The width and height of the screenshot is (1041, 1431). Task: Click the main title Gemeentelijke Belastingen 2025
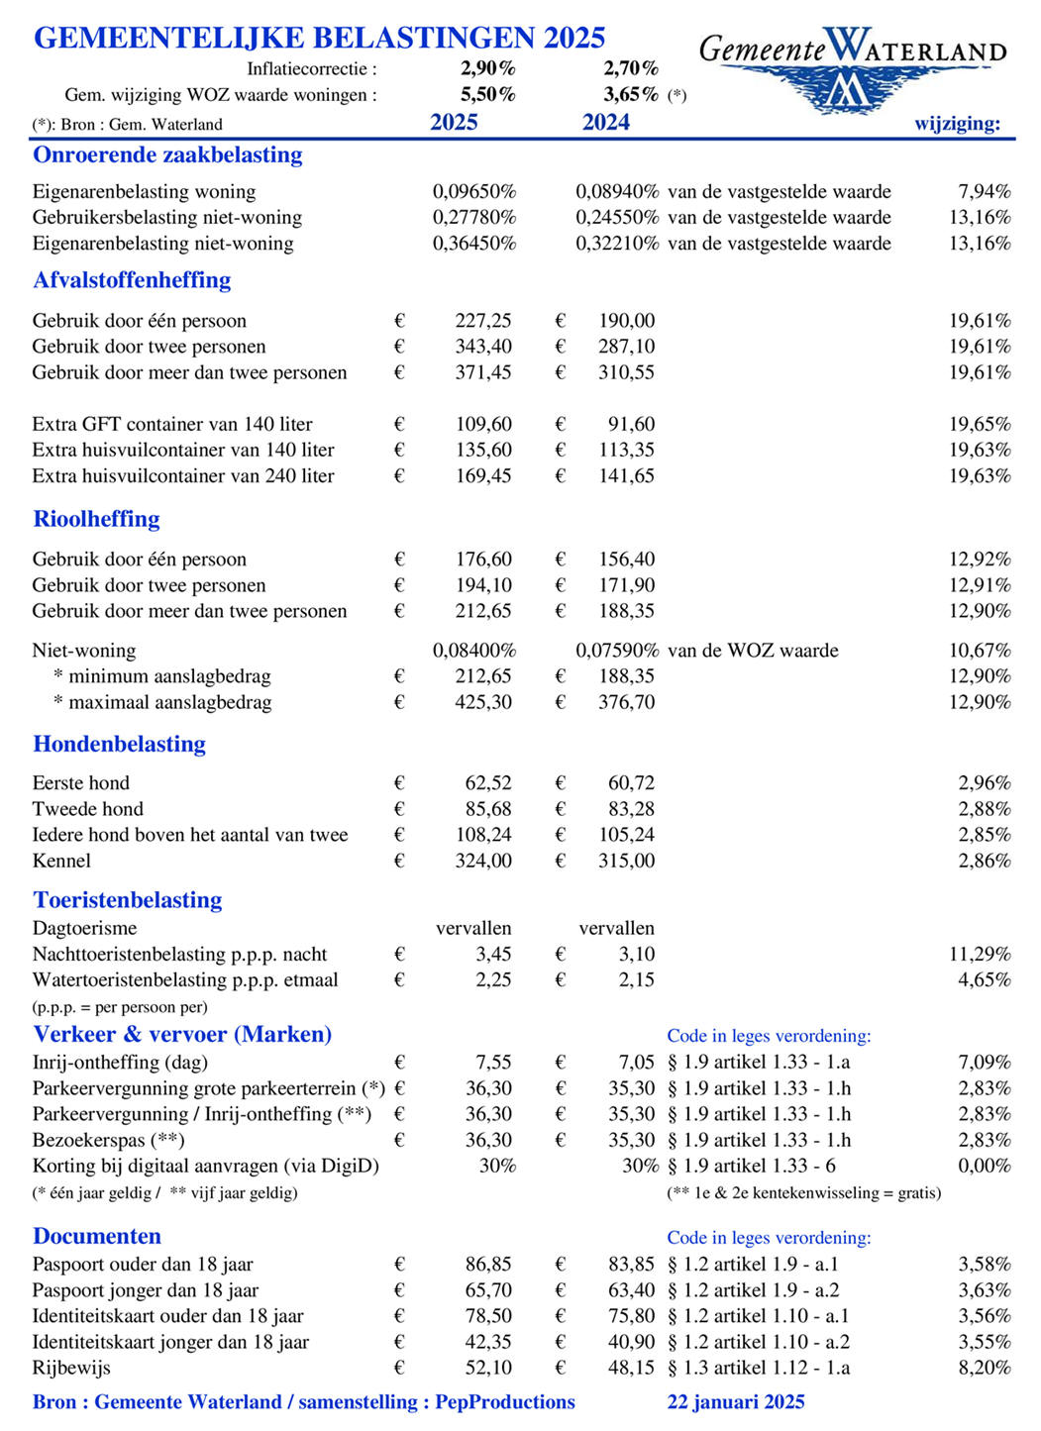(x=319, y=38)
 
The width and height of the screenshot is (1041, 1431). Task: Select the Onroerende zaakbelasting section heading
(x=167, y=154)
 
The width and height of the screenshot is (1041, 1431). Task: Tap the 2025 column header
(x=454, y=123)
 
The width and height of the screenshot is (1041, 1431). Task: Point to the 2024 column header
(x=606, y=123)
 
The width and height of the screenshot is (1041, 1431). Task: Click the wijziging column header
(x=957, y=124)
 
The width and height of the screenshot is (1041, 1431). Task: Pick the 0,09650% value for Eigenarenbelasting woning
(x=473, y=192)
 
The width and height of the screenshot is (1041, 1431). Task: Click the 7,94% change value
(x=984, y=192)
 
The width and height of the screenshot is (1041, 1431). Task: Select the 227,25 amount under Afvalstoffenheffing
(x=483, y=321)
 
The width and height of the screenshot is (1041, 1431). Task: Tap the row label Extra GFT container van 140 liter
(x=172, y=424)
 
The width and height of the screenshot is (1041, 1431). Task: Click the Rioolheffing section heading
(x=96, y=519)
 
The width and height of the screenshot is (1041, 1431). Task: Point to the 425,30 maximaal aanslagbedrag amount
(x=483, y=702)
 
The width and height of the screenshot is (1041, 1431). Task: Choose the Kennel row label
(x=61, y=861)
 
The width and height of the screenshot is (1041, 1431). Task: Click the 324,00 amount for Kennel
(x=483, y=861)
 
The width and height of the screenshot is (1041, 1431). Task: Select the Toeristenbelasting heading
(x=128, y=900)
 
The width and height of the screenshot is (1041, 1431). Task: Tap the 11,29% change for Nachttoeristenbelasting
(x=980, y=955)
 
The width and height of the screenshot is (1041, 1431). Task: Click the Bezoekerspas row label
(x=108, y=1140)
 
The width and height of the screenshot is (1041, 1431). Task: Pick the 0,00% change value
(x=984, y=1166)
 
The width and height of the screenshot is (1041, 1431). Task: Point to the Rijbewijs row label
(x=71, y=1368)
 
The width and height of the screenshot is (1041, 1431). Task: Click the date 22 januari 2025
(x=736, y=1402)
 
